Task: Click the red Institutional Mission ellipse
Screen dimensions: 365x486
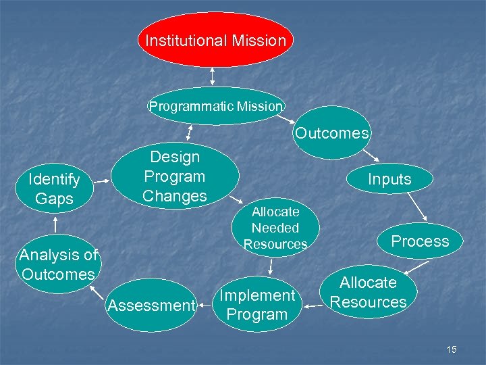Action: (x=215, y=40)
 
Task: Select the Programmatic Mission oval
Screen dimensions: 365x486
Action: (x=215, y=106)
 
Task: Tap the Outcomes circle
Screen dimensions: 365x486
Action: (x=331, y=133)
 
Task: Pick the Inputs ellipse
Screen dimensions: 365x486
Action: (x=389, y=179)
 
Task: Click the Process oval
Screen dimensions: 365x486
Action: (x=419, y=241)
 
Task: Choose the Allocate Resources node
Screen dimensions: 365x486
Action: (x=368, y=292)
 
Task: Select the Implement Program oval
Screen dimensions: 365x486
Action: (x=256, y=305)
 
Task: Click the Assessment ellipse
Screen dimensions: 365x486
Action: (x=151, y=306)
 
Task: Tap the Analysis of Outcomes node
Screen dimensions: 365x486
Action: (x=58, y=264)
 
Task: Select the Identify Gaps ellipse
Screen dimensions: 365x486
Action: (x=53, y=189)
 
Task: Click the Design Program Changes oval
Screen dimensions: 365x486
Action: (x=175, y=176)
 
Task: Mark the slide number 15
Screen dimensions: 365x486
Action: (x=451, y=349)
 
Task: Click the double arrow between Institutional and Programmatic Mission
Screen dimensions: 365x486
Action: (x=213, y=76)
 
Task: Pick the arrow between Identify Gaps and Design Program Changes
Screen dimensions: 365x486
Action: (x=101, y=180)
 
